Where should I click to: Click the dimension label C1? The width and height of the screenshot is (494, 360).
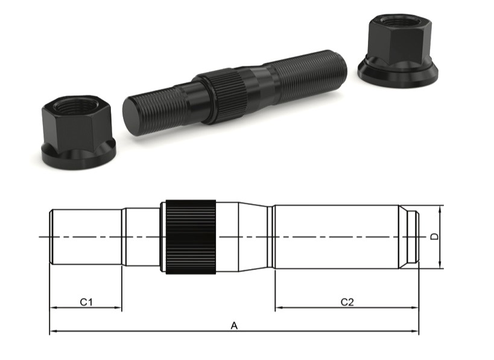86,301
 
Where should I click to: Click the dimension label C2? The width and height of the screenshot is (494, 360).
347,301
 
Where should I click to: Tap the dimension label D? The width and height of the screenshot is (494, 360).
434,236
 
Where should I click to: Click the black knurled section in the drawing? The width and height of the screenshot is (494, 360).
191,236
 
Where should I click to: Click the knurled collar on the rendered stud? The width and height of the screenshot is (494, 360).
222,95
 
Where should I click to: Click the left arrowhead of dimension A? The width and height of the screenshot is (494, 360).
52,331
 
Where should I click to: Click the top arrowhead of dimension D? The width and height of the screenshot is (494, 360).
442,209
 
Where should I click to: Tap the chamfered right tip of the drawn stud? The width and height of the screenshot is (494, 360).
410,236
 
